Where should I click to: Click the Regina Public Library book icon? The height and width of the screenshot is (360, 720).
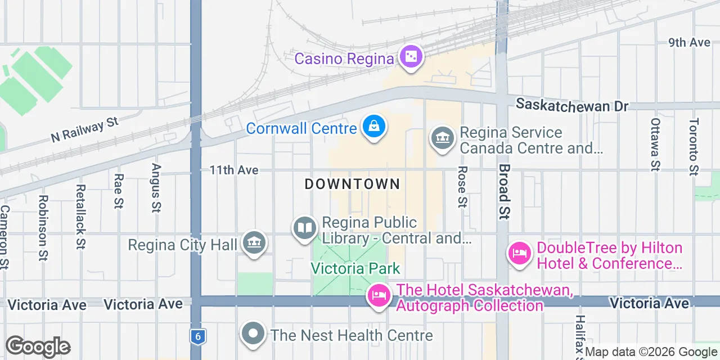pos(305,228)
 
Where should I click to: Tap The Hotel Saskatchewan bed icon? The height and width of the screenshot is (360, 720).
pos(379,295)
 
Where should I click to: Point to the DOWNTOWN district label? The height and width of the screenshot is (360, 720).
pos(352,184)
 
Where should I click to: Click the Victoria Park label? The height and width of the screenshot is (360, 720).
pos(355,268)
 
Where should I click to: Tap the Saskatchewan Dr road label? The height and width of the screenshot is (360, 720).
pos(571,106)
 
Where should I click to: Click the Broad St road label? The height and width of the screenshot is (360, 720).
pos(504,192)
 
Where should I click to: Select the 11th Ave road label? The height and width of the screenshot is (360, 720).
pos(234,170)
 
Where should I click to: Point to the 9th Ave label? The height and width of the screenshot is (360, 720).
pos(689,43)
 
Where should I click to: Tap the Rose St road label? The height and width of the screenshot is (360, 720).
pos(462,187)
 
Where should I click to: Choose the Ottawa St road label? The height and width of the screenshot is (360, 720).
pos(655,144)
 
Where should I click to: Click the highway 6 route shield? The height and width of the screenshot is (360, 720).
pos(196,336)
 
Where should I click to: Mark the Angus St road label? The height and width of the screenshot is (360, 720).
pos(156,187)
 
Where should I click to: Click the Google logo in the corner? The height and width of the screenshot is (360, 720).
pos(38,347)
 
